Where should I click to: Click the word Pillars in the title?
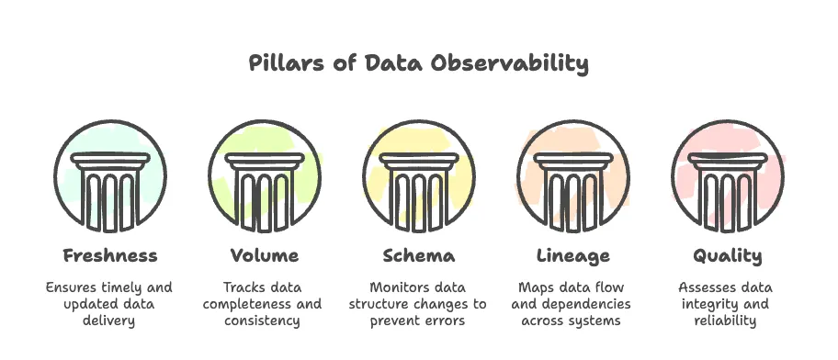point(281,64)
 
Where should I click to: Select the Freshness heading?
point(110,255)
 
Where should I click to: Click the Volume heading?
point(265,255)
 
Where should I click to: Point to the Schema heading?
point(418,255)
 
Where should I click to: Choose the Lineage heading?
point(572,255)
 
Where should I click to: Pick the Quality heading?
point(727,255)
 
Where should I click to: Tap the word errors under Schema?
point(444,321)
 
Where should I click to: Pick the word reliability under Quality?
point(727,321)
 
